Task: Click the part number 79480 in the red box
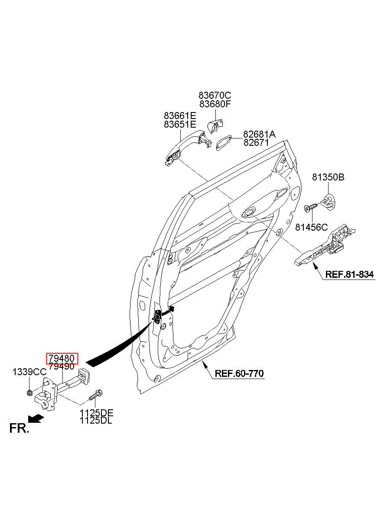[62, 358]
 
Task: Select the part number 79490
[62, 366]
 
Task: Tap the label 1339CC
[29, 372]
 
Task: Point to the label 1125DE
[96, 413]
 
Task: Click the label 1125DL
[96, 421]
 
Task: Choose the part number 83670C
[215, 95]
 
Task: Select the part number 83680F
[215, 104]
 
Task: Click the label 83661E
[180, 116]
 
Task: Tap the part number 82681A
[259, 134]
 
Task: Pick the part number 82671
[256, 142]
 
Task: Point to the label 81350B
[328, 177]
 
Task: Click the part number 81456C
[311, 227]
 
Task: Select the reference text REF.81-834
[349, 274]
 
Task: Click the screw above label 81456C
[310, 208]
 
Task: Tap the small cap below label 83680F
[215, 126]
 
